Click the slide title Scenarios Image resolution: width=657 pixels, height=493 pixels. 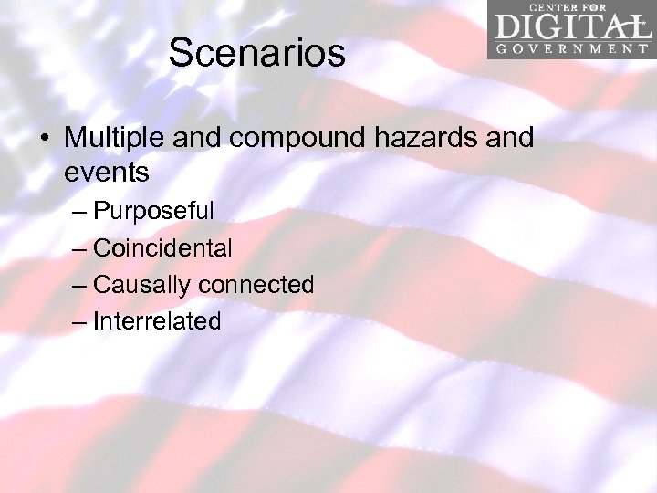click(256, 53)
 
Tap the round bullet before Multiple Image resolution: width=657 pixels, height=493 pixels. click(44, 140)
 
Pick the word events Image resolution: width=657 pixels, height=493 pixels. click(107, 171)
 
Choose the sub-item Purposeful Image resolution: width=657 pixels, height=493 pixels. click(153, 211)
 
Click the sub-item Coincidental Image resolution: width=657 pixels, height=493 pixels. click(162, 247)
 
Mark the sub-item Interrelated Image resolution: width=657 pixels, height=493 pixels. click(157, 321)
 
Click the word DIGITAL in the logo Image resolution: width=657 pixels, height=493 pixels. click(571, 25)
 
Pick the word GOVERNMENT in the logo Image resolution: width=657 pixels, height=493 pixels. click(571, 48)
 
